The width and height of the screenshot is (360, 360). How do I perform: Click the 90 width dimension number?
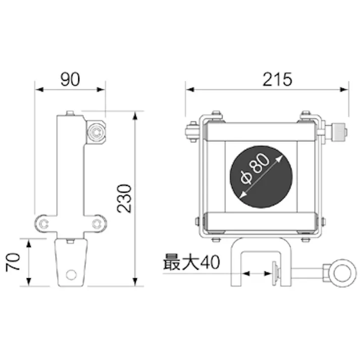coord(70,79)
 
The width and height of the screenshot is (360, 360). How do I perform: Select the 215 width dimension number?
coord(277,79)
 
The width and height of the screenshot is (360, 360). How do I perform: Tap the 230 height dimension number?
coord(124,198)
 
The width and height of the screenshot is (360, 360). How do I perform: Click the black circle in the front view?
coord(261,177)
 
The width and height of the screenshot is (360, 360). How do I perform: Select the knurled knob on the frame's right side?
coord(337,133)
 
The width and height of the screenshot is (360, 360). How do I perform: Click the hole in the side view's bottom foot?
coord(71,274)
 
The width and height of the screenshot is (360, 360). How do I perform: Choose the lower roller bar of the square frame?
coord(261,222)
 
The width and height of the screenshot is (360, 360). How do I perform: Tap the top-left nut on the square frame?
coord(216,115)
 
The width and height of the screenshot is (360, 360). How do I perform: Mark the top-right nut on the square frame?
coord(305,115)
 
